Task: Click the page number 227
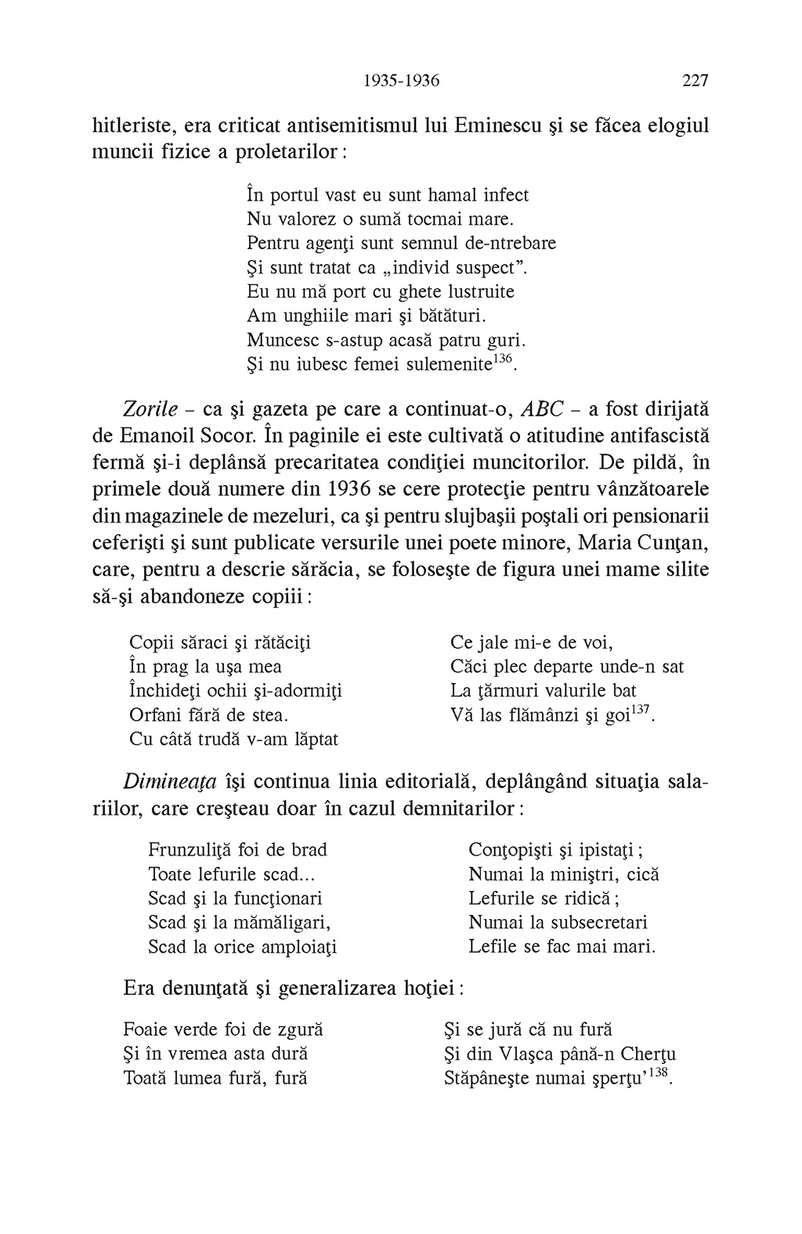tap(695, 81)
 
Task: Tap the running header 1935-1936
tap(403, 81)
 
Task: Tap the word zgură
tap(297, 1030)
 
